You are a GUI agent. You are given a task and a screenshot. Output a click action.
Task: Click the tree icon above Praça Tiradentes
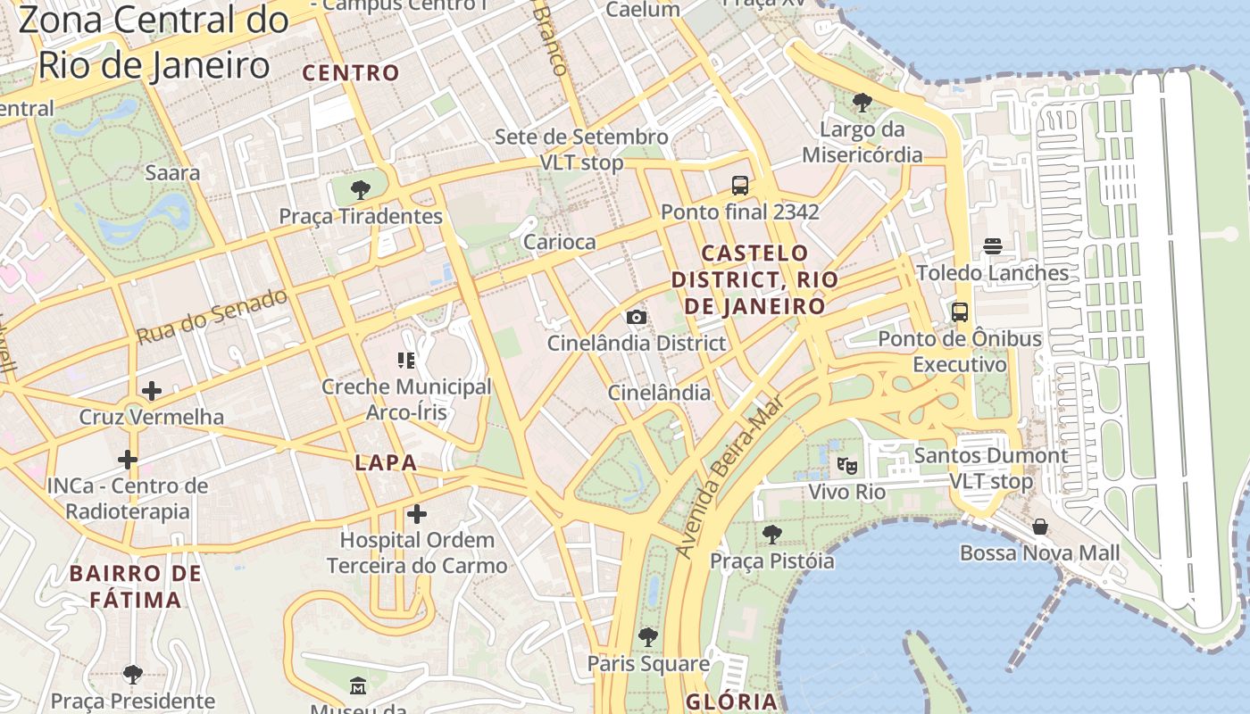point(361,189)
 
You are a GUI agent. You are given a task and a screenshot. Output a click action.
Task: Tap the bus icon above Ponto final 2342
point(740,186)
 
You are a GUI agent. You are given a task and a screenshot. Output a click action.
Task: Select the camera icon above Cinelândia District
point(636,317)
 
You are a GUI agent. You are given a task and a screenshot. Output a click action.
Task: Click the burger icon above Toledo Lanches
point(993,245)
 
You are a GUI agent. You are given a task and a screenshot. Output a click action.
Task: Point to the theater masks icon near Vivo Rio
point(846,465)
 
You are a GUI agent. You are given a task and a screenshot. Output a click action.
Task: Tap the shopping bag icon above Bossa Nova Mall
point(1039,527)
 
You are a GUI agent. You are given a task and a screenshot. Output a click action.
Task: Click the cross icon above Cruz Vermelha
point(152,390)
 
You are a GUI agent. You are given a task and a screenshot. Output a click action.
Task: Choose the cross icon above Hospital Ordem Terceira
point(416,514)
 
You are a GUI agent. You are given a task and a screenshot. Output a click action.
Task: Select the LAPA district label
point(386,462)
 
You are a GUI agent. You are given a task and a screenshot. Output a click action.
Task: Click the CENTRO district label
point(351,73)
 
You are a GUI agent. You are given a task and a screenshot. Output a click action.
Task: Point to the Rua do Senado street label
point(212,317)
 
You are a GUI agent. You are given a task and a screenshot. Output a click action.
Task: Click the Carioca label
point(559,242)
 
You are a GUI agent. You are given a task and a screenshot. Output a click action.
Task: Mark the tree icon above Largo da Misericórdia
point(862,103)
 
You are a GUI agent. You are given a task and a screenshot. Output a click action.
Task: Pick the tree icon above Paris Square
point(648,637)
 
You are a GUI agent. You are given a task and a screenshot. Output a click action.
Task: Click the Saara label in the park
point(172,172)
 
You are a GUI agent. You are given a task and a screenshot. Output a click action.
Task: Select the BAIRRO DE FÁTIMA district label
point(137,585)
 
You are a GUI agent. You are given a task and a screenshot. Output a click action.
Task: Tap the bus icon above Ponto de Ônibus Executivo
point(960,312)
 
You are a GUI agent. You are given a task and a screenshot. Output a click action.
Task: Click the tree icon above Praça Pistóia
point(771,535)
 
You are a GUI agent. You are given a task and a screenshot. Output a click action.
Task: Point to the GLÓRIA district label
point(731,701)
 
